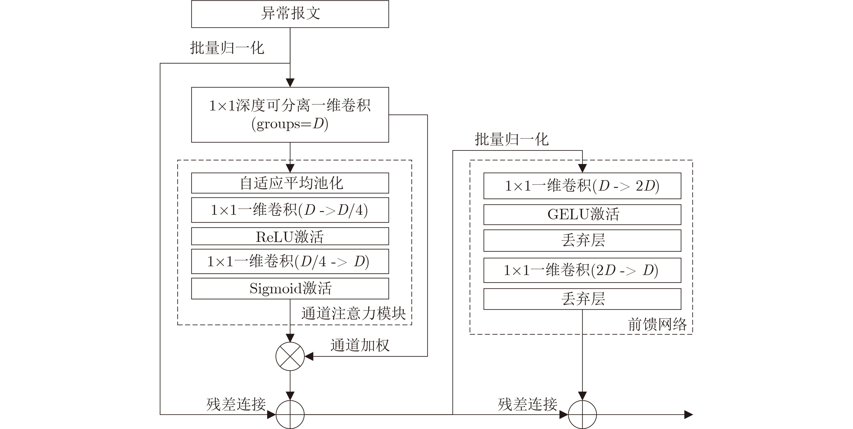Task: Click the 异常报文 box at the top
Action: (x=290, y=14)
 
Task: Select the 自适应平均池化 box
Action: (x=290, y=183)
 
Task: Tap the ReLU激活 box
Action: (x=290, y=236)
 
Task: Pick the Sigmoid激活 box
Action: (x=290, y=288)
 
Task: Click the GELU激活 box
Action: (x=582, y=214)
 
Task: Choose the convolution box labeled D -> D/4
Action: (x=290, y=210)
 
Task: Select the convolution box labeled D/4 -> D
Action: (x=290, y=261)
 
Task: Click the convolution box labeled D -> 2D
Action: (x=582, y=186)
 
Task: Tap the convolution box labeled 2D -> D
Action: (x=582, y=270)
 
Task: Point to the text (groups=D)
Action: (x=290, y=124)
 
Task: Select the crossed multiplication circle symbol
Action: (x=290, y=357)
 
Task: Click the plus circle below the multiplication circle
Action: (x=290, y=414)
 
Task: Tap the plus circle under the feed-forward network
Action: (x=582, y=414)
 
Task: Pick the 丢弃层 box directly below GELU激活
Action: (x=582, y=240)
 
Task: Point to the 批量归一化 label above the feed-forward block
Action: (x=512, y=140)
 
